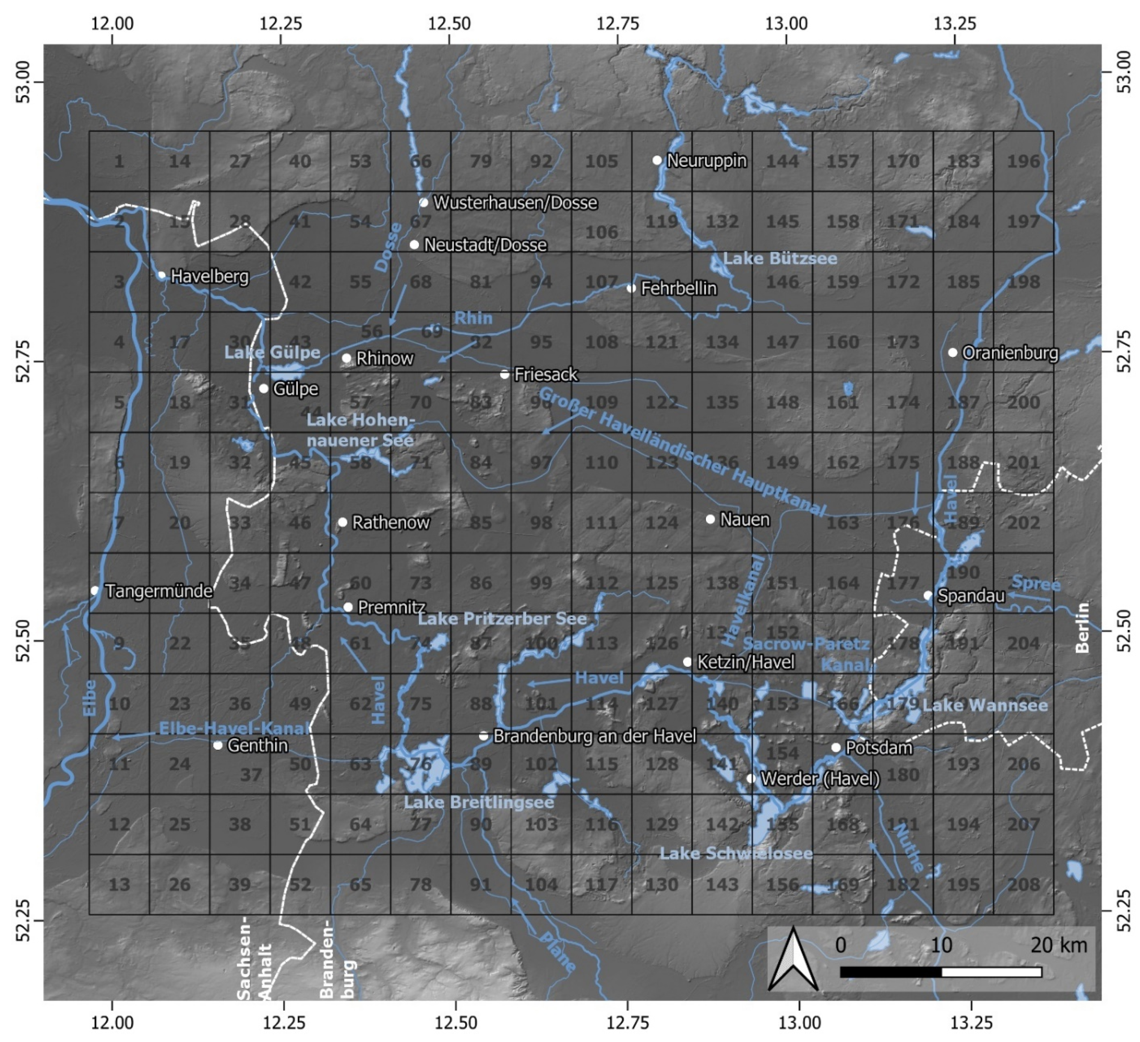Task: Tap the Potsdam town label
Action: [879, 748]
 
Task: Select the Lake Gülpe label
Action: [272, 353]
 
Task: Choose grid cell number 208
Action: [1024, 884]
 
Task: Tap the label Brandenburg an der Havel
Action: [594, 736]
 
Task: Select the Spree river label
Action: [1036, 583]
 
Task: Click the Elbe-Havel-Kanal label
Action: [234, 728]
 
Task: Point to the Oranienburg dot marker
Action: [953, 353]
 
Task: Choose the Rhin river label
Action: [473, 318]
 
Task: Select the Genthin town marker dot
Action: [218, 745]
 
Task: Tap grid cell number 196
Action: [1024, 161]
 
